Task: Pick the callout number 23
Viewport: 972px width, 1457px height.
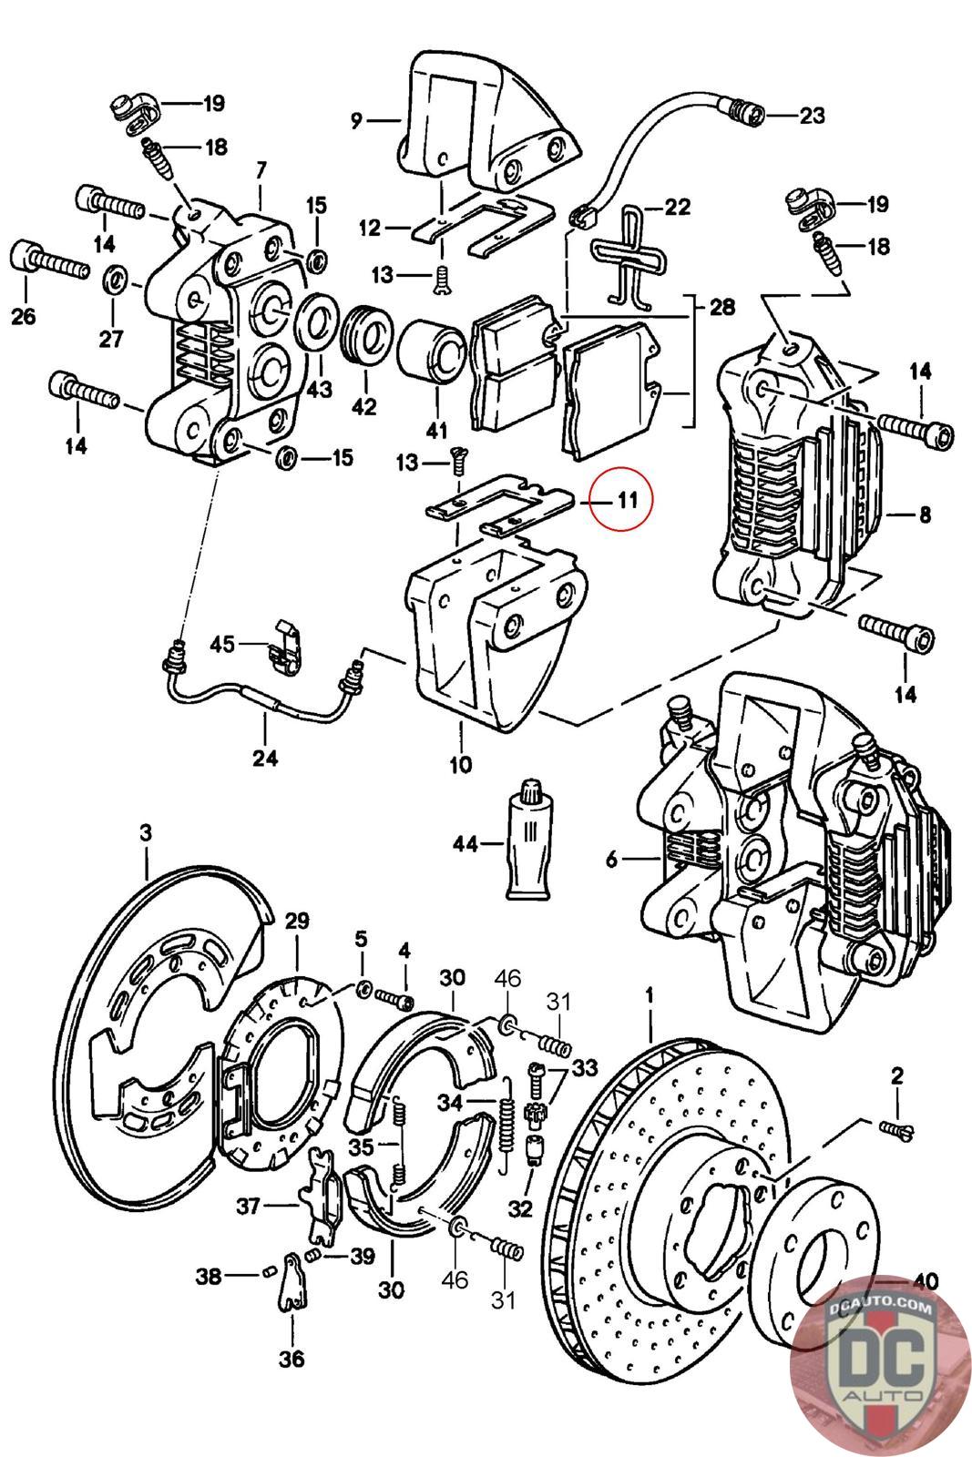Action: pyautogui.click(x=812, y=116)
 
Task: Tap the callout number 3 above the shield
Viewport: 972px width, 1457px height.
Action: pyautogui.click(x=146, y=832)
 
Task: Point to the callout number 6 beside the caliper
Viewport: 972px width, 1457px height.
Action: pyautogui.click(x=611, y=858)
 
